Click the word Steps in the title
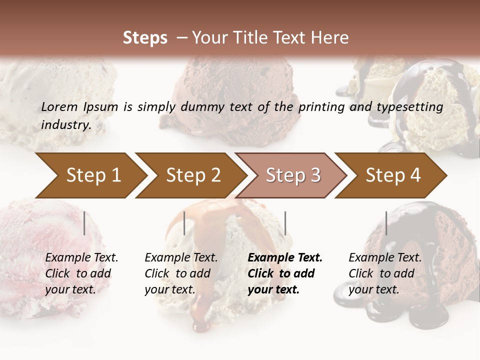pos(145,37)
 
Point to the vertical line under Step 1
pos(84,223)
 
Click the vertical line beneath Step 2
pos(184,223)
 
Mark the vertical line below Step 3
pos(285,223)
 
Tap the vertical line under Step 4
pos(386,223)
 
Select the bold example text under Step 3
pos(285,273)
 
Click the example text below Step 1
pos(81,273)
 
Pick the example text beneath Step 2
pos(181,273)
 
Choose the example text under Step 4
pos(385,273)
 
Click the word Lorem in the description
pos(59,106)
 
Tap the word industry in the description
pos(66,124)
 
